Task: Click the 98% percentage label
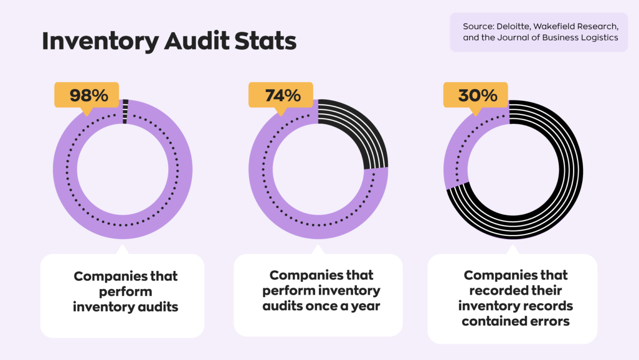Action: pyautogui.click(x=88, y=95)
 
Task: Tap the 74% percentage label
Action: pyautogui.click(x=283, y=95)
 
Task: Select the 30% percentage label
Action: pyautogui.click(x=477, y=95)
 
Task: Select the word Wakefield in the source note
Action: pyautogui.click(x=553, y=26)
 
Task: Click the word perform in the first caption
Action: pyautogui.click(x=125, y=291)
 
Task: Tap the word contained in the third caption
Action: pyautogui.click(x=492, y=321)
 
